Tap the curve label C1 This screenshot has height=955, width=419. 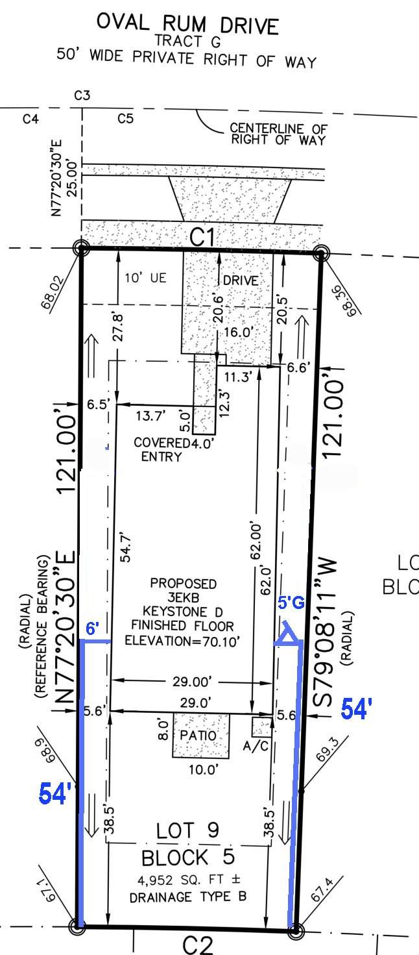[202, 237]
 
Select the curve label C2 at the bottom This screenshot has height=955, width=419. [198, 945]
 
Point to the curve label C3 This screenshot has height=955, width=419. [82, 95]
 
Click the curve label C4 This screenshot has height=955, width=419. [30, 119]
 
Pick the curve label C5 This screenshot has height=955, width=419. [126, 118]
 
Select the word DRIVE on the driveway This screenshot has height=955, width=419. [241, 280]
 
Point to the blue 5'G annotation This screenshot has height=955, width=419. [291, 602]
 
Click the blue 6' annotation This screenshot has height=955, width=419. [92, 629]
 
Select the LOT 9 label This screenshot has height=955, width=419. [188, 830]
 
